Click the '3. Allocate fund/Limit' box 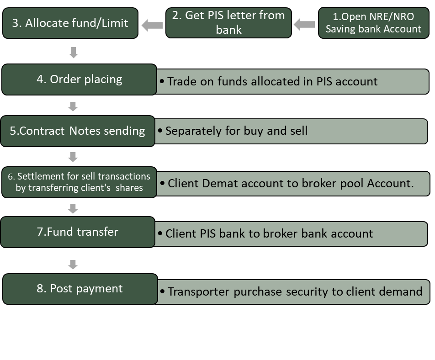pos(70,23)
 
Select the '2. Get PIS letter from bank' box pos(228,22)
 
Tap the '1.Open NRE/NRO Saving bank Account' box pos(373,22)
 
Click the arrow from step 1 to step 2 pos(304,23)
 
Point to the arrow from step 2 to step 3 pos(152,25)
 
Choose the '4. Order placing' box pos(79,79)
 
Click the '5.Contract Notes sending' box pos(78,131)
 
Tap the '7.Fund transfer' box pos(78,232)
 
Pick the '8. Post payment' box pos(80,289)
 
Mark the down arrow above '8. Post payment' pos(73,265)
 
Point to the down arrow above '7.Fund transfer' pos(73,209)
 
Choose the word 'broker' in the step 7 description pos(280,233)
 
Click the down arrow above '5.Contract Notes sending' pos(73,106)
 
